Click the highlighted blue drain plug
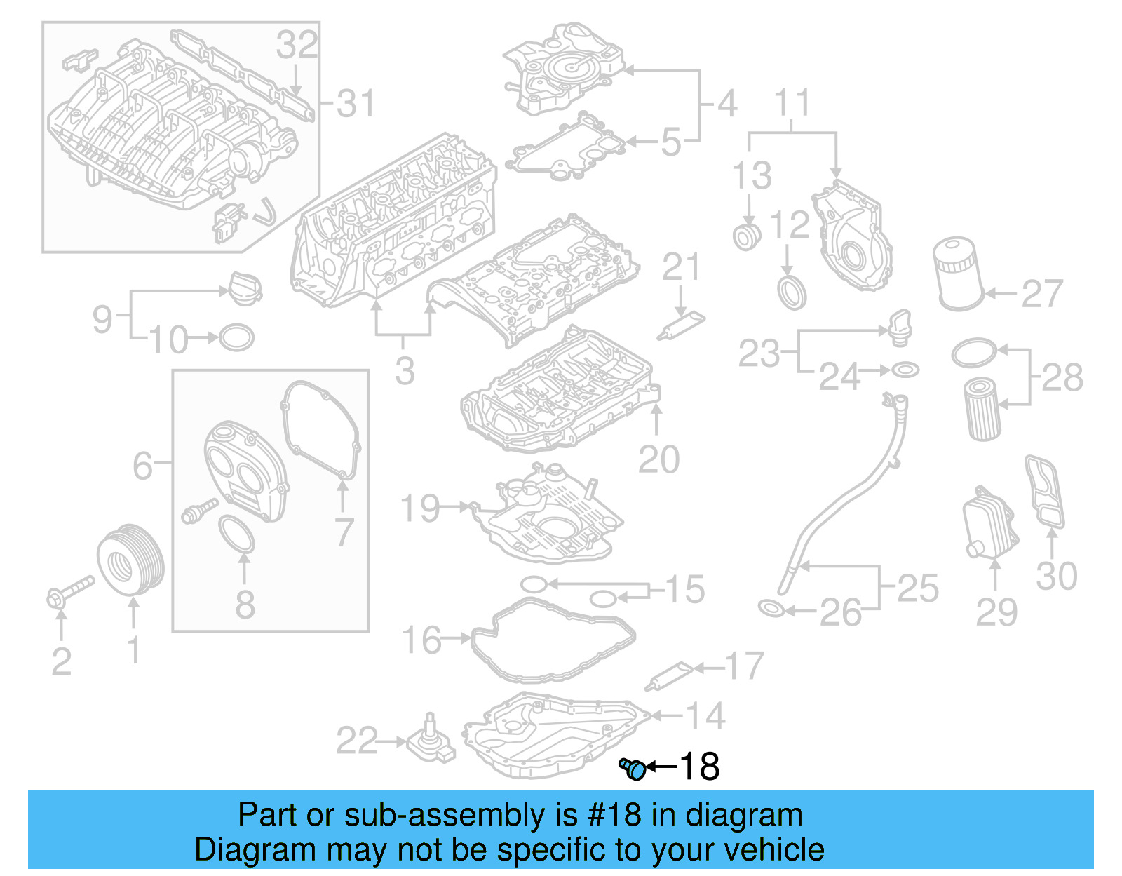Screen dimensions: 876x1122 pos(633,769)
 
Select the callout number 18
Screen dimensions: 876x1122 pos(699,767)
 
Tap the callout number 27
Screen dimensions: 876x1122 pos(1042,294)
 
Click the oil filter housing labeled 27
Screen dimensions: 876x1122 pos(958,274)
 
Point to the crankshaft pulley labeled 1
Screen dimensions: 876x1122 pos(130,561)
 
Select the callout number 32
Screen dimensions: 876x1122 pos(297,46)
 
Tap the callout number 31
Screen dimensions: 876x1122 pos(356,104)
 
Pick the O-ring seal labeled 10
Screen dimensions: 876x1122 pos(236,337)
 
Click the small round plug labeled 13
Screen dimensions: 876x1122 pos(747,236)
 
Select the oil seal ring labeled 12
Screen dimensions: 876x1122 pos(792,293)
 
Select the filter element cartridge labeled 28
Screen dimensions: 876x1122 pos(983,409)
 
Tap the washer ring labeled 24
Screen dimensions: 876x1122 pos(905,369)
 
